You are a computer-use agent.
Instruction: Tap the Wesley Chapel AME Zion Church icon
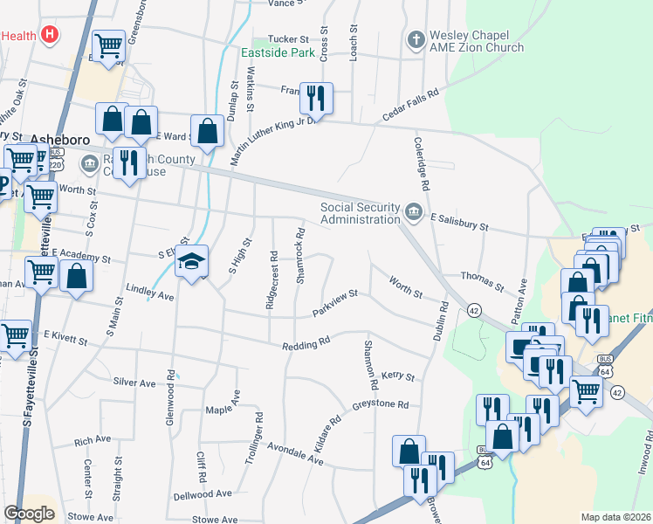pyautogui.click(x=416, y=40)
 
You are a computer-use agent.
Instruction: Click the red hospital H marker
pyautogui.click(x=51, y=35)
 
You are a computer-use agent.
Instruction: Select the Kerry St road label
pyautogui.click(x=396, y=376)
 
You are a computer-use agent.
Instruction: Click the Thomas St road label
pyautogui.click(x=483, y=280)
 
